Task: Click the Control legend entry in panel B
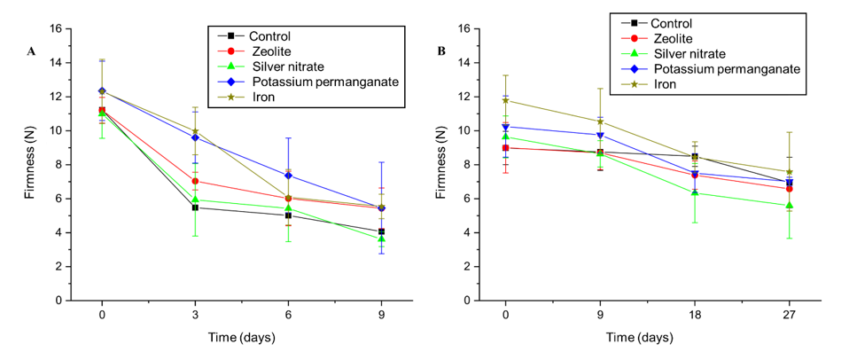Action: tap(671, 24)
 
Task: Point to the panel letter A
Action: tap(31, 51)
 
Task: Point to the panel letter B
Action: tap(442, 51)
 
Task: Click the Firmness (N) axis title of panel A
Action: tap(31, 164)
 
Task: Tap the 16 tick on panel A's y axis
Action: tap(55, 29)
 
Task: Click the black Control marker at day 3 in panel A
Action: tap(194, 207)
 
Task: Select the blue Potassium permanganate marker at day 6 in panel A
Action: tap(287, 176)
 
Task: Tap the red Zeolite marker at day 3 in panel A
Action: tap(194, 181)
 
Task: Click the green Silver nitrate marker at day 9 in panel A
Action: tap(381, 239)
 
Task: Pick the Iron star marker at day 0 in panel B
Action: tap(505, 100)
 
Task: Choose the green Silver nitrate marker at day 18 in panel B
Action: tap(695, 192)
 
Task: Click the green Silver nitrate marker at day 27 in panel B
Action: tap(789, 205)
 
